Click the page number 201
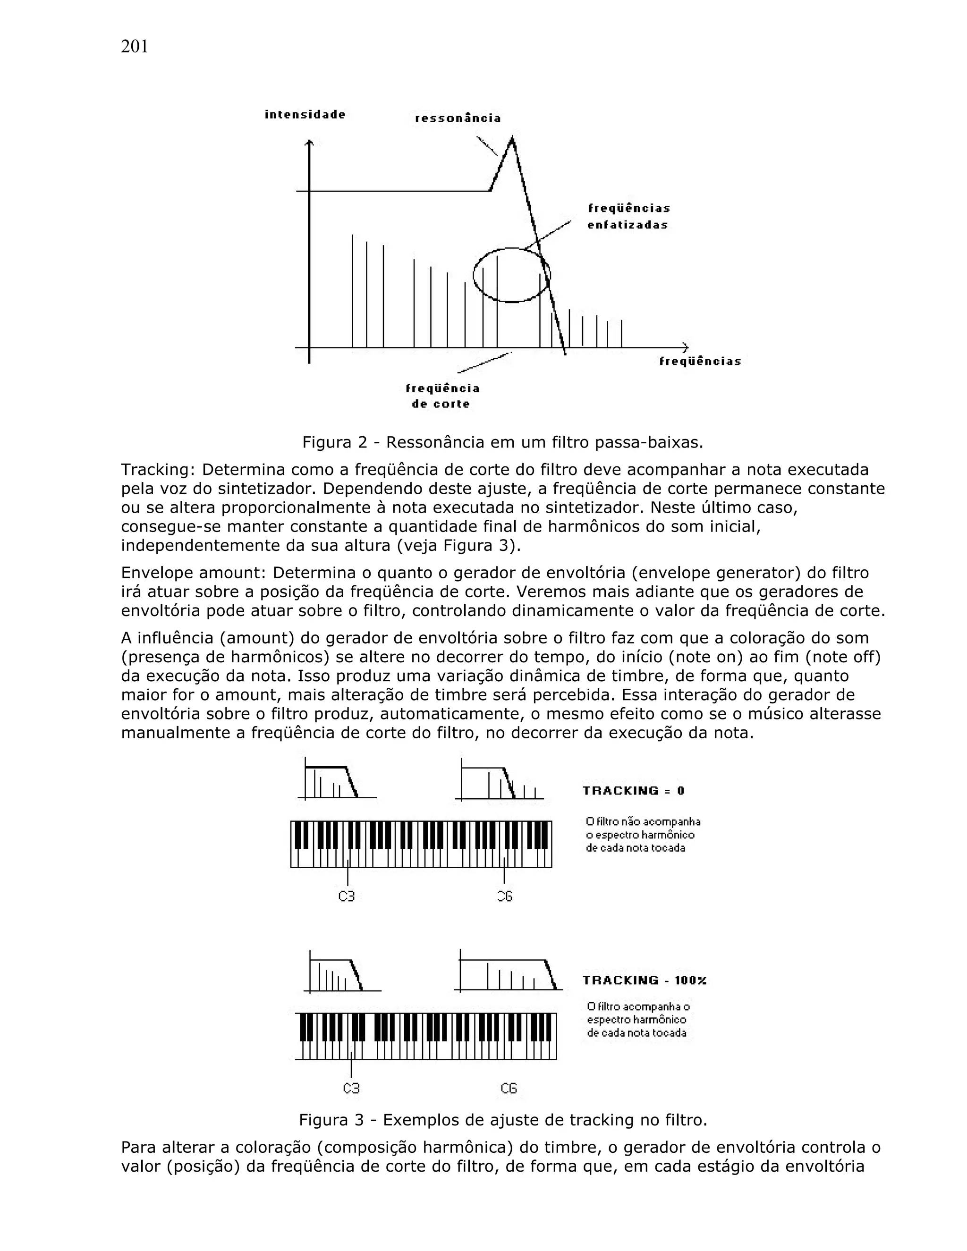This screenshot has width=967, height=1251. coord(134,47)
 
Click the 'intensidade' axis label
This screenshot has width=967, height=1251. coord(305,115)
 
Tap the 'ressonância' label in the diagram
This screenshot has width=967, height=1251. coord(458,118)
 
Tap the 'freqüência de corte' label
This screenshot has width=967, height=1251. coord(442,396)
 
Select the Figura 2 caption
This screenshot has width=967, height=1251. coord(502,442)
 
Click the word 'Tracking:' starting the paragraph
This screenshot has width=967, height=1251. coord(158,470)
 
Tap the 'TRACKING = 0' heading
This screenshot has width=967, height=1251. coord(633,791)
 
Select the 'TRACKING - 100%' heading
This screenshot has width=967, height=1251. coord(644,981)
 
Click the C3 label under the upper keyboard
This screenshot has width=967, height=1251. coord(347,896)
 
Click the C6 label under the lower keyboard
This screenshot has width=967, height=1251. coord(509,1088)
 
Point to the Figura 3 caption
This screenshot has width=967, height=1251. coord(502,1120)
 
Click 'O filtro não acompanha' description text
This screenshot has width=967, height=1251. coord(643,822)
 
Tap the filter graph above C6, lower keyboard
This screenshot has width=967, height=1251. coord(508,972)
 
